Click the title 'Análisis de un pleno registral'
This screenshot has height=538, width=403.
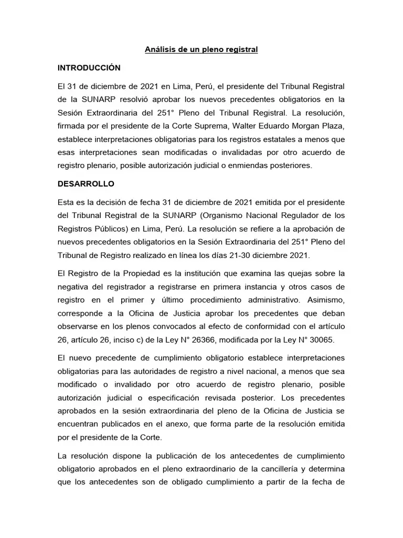coord(201,50)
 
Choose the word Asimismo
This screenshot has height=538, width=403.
coord(325,299)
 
